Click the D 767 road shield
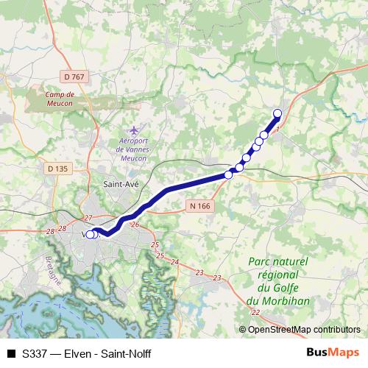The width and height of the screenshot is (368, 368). pos(74,76)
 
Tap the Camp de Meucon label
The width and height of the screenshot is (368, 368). pos(60,98)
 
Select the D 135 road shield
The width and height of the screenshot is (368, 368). pos(57,169)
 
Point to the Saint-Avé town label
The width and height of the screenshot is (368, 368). pos(118,186)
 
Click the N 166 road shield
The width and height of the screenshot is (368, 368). pos(199,206)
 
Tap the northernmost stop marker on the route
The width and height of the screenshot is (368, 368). pos(277,113)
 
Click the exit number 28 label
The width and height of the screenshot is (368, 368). pos(50,231)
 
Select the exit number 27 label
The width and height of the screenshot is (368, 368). pos(88,218)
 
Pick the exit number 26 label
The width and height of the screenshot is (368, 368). pos(135,224)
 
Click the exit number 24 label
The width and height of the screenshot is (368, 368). pos(174,262)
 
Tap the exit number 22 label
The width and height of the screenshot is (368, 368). pos(255,313)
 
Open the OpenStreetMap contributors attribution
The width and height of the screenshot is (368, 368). pos(302,329)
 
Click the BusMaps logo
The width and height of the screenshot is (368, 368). pos(333,353)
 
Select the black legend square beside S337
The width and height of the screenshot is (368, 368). pos(11,354)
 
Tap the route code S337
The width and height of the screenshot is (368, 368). pos(36,354)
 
